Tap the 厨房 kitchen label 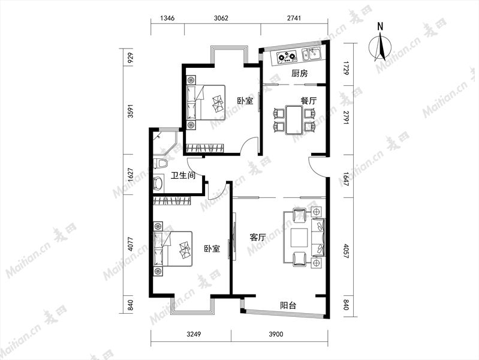click(299, 73)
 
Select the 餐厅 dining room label click(309, 101)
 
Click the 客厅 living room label click(258, 237)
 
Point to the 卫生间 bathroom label click(183, 176)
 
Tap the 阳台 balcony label click(288, 305)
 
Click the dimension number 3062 click(221, 18)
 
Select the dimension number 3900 click(276, 334)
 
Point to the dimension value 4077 click(131, 244)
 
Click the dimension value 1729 click(346, 68)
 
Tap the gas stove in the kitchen click(287, 57)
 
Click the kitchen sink click(311, 55)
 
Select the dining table click(294, 119)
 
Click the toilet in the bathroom click(160, 163)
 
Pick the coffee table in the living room click(299, 238)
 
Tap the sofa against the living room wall click(318, 238)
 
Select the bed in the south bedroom click(173, 248)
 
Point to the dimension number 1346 click(167, 18)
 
